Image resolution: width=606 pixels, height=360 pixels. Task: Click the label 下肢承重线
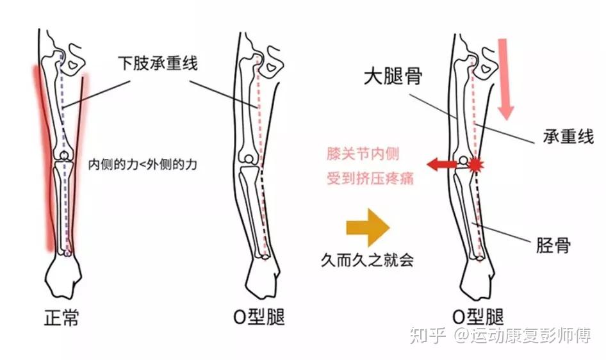pyautogui.click(x=158, y=63)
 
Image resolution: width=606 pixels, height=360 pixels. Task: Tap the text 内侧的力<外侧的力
pyautogui.click(x=142, y=164)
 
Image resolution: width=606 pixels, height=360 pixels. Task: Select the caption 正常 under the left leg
pyautogui.click(x=62, y=318)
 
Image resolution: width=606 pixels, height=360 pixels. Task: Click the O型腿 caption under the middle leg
pyautogui.click(x=259, y=318)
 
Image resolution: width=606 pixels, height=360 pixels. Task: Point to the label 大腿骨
pyautogui.click(x=393, y=78)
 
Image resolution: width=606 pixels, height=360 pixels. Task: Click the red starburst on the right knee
pyautogui.click(x=475, y=165)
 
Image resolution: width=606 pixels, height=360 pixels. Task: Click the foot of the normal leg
pyautogui.click(x=65, y=278)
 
